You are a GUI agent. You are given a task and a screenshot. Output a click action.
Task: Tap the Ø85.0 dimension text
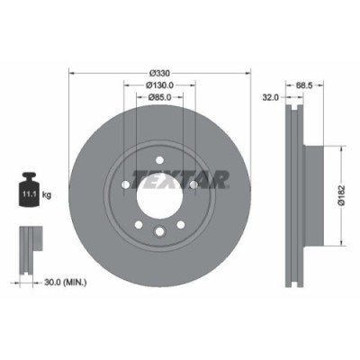(158, 95)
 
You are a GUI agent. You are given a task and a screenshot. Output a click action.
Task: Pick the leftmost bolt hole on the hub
(125, 185)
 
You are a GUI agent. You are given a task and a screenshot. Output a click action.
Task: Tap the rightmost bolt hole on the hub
(193, 185)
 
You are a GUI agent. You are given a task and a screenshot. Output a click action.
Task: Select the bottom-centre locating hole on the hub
(158, 232)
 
